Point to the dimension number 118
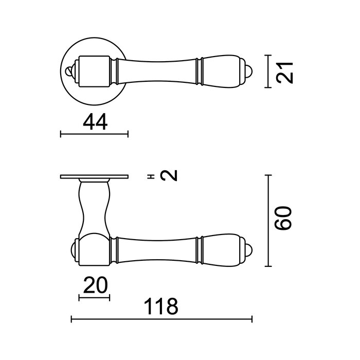pyautogui.click(x=161, y=307)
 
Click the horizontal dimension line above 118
pyautogui.click(x=161, y=320)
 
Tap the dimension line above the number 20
pyautogui.click(x=94, y=297)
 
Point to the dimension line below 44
pyautogui.click(x=94, y=135)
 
